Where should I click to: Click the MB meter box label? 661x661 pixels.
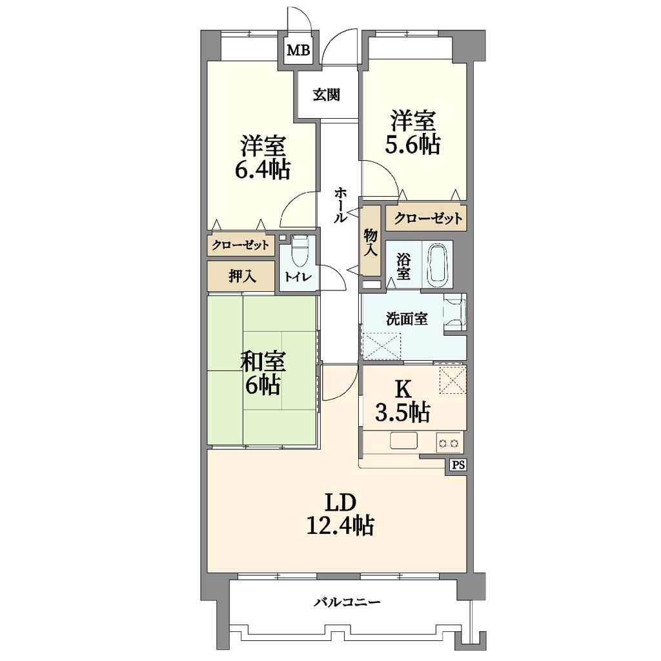click(298, 50)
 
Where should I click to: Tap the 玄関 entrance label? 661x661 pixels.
click(326, 94)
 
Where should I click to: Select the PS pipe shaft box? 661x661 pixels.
click(459, 465)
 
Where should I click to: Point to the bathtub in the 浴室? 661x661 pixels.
click(439, 264)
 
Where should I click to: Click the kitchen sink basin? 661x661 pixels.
click(403, 440)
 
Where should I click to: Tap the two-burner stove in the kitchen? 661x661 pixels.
click(449, 443)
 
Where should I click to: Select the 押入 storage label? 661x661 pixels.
click(242, 276)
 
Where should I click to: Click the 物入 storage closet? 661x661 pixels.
click(371, 240)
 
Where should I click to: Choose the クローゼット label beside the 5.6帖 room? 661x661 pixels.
click(428, 218)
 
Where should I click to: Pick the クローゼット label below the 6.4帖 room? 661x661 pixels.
click(240, 245)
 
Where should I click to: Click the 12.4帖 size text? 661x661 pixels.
click(340, 525)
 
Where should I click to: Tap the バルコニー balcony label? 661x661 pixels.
click(347, 602)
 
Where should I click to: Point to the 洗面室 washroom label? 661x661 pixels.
click(407, 319)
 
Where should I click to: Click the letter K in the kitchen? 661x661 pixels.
click(403, 391)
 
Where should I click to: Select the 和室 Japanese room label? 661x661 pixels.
click(263, 361)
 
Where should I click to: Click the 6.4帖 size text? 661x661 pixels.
click(262, 170)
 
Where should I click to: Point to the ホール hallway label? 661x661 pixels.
click(341, 205)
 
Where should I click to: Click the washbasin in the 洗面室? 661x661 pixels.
click(455, 312)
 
